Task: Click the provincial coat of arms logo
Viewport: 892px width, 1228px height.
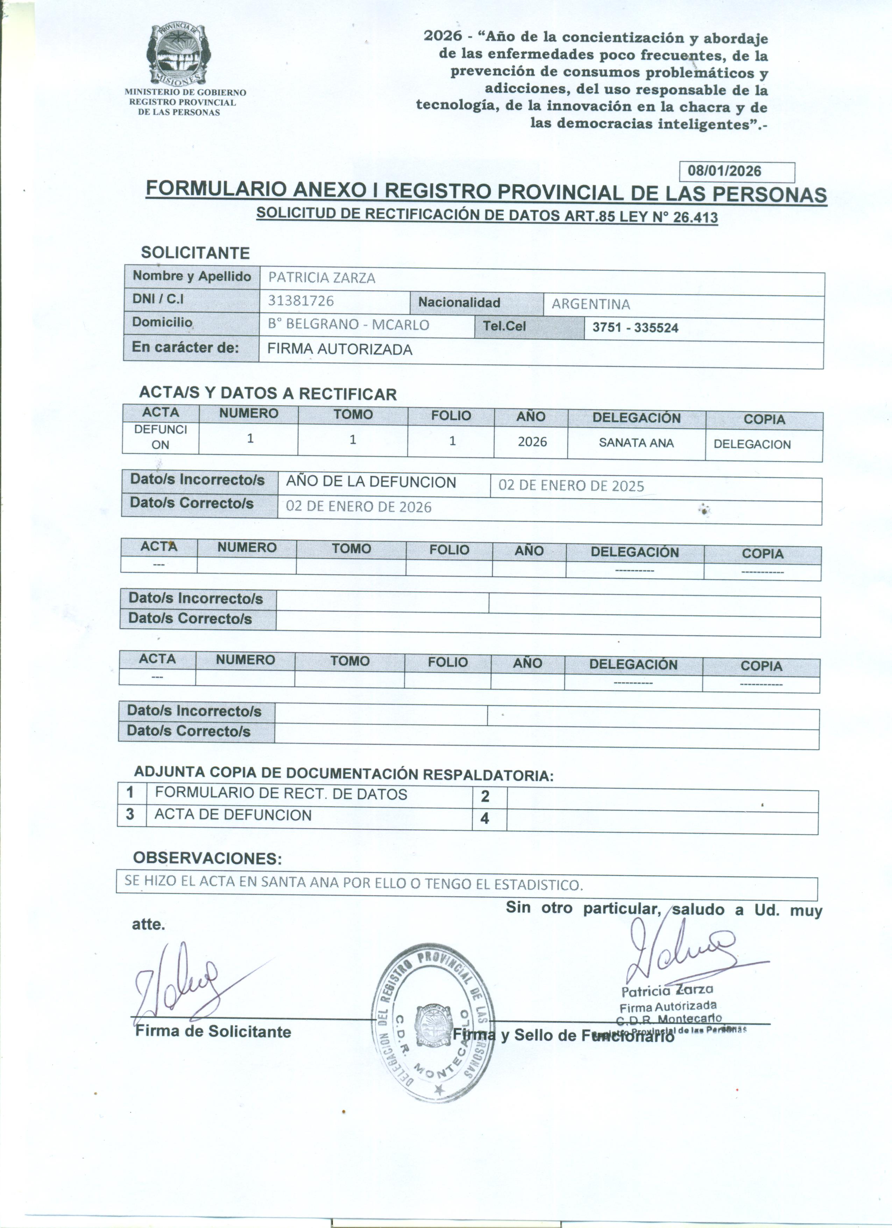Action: [176, 54]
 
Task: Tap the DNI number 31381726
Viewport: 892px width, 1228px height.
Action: [301, 301]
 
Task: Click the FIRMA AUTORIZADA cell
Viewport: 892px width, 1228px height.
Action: [340, 349]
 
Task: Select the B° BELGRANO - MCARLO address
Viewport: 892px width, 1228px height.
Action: [348, 324]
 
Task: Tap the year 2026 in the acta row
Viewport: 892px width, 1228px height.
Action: [532, 442]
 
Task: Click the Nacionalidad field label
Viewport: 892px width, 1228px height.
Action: [459, 303]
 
